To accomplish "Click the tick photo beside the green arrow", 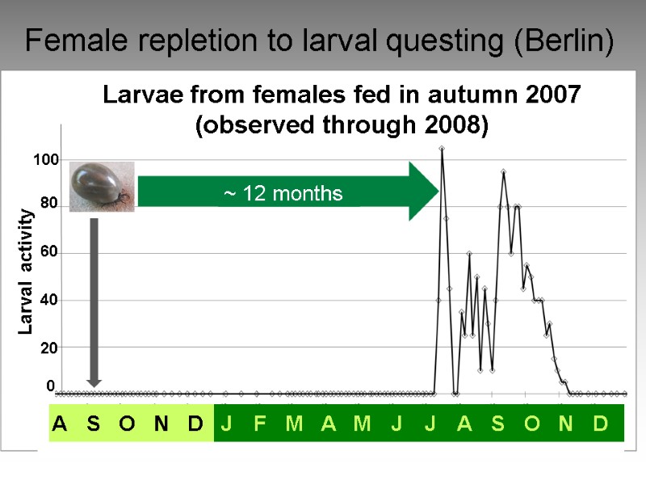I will [x=101, y=186].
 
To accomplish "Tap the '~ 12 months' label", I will [x=283, y=194].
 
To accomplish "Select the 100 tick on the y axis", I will [x=46, y=161].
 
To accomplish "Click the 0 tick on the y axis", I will [x=50, y=388].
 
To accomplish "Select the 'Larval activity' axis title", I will [x=26, y=272].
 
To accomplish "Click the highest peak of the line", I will [x=442, y=149].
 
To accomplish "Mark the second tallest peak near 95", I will [x=503, y=171].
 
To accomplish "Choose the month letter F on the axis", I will [x=260, y=424].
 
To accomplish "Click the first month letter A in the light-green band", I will [x=60, y=424].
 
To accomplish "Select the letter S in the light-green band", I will [x=94, y=424].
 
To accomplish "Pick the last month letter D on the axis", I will [x=600, y=424].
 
